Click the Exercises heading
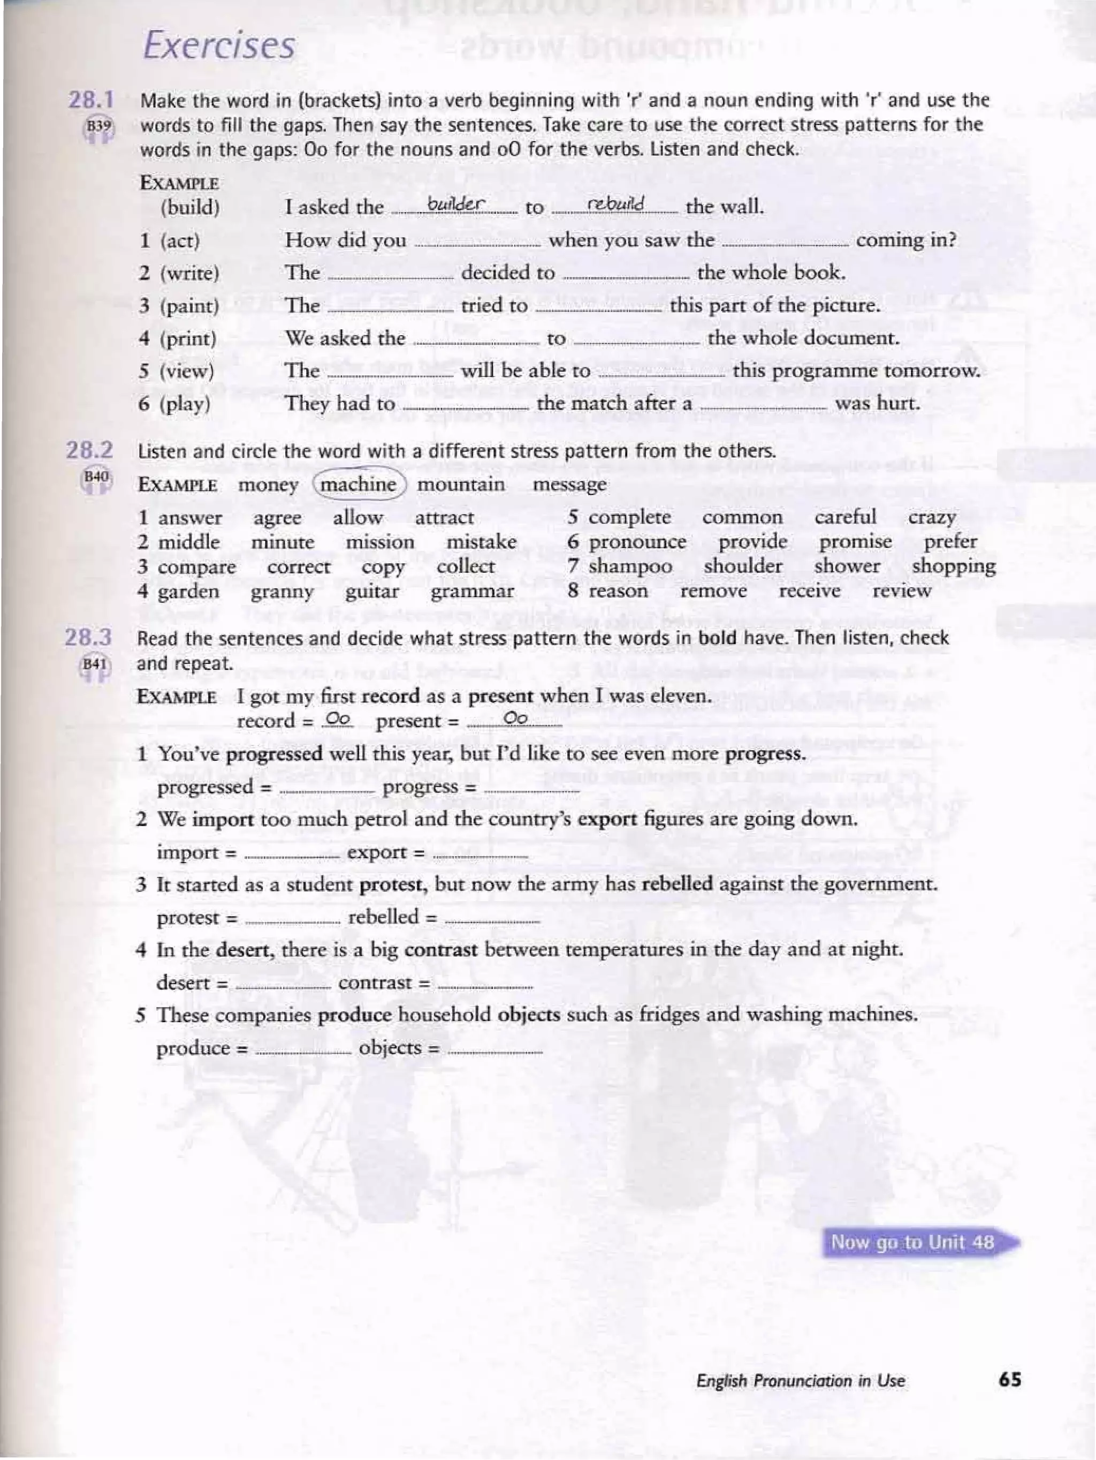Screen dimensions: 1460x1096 [x=219, y=46]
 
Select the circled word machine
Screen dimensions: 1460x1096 [x=359, y=485]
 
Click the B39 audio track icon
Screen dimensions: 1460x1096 [x=97, y=127]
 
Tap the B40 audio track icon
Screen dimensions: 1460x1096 [x=96, y=478]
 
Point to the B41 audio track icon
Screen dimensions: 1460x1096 [x=95, y=665]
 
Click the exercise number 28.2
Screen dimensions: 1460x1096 [x=89, y=451]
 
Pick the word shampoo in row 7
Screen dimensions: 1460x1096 [x=630, y=566]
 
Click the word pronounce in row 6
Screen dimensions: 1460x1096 [x=637, y=542]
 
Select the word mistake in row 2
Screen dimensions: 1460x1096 [x=481, y=542]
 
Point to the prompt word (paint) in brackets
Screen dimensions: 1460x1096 [x=189, y=306]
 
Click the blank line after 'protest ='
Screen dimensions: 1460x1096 [x=292, y=921]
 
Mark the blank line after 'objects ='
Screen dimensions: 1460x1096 [x=495, y=1052]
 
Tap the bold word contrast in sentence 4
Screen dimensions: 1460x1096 [x=441, y=950]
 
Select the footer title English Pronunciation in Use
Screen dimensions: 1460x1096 [x=801, y=1380]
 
